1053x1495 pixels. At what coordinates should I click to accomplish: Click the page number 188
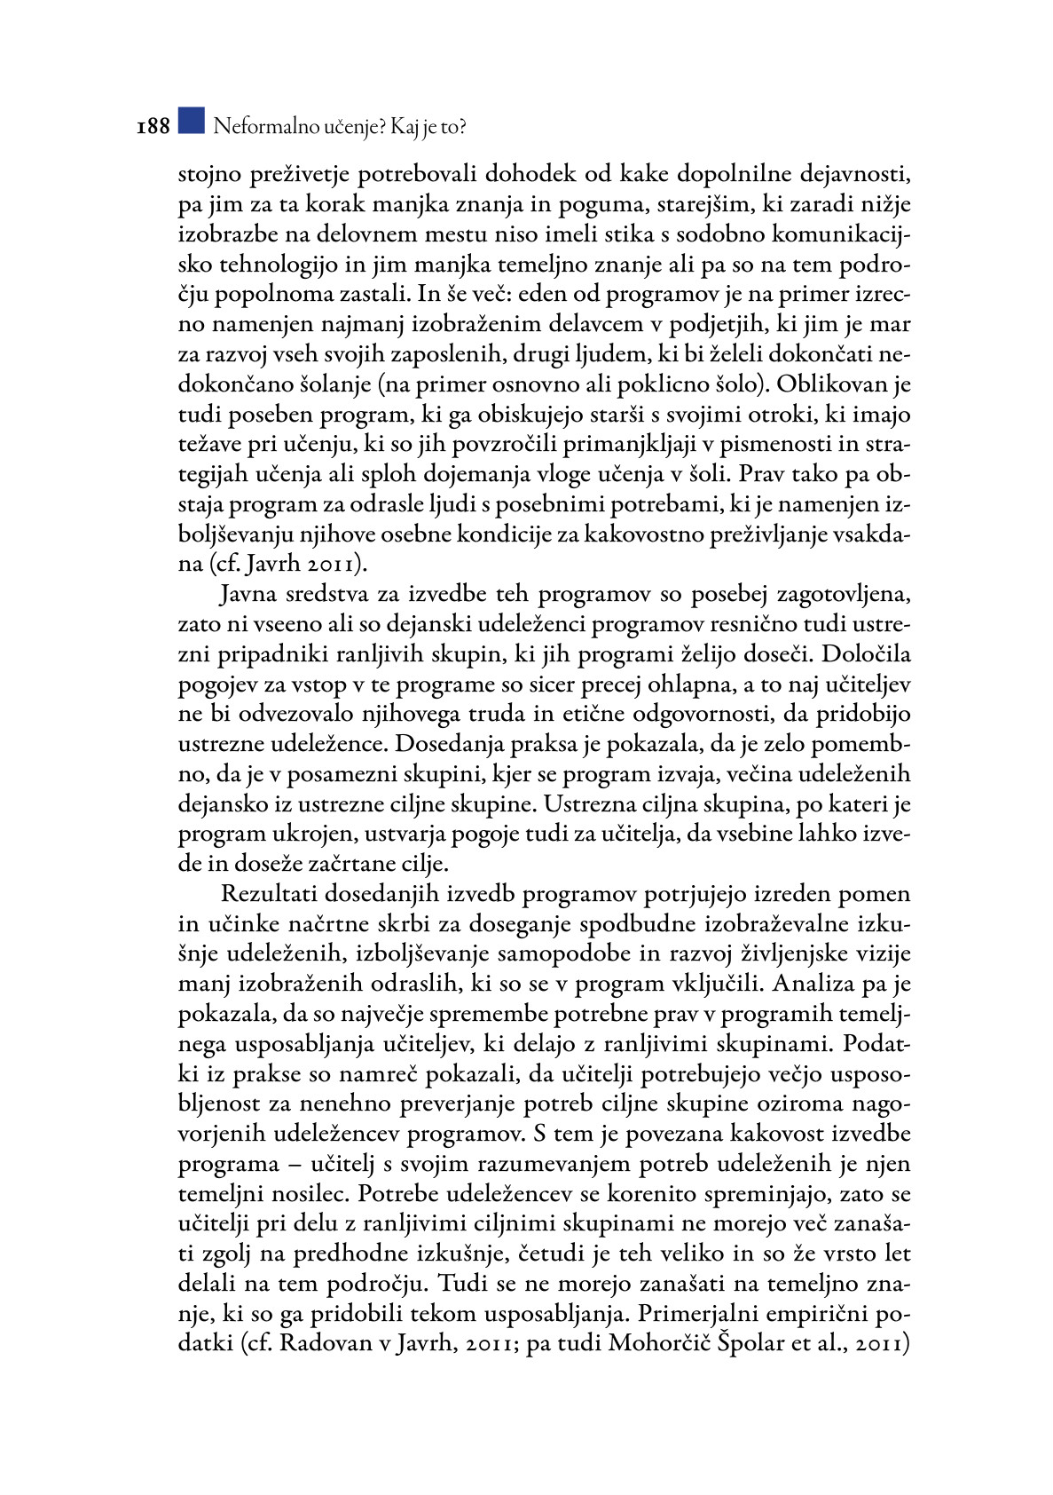[x=153, y=127]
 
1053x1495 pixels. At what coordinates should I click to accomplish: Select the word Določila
[x=866, y=654]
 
